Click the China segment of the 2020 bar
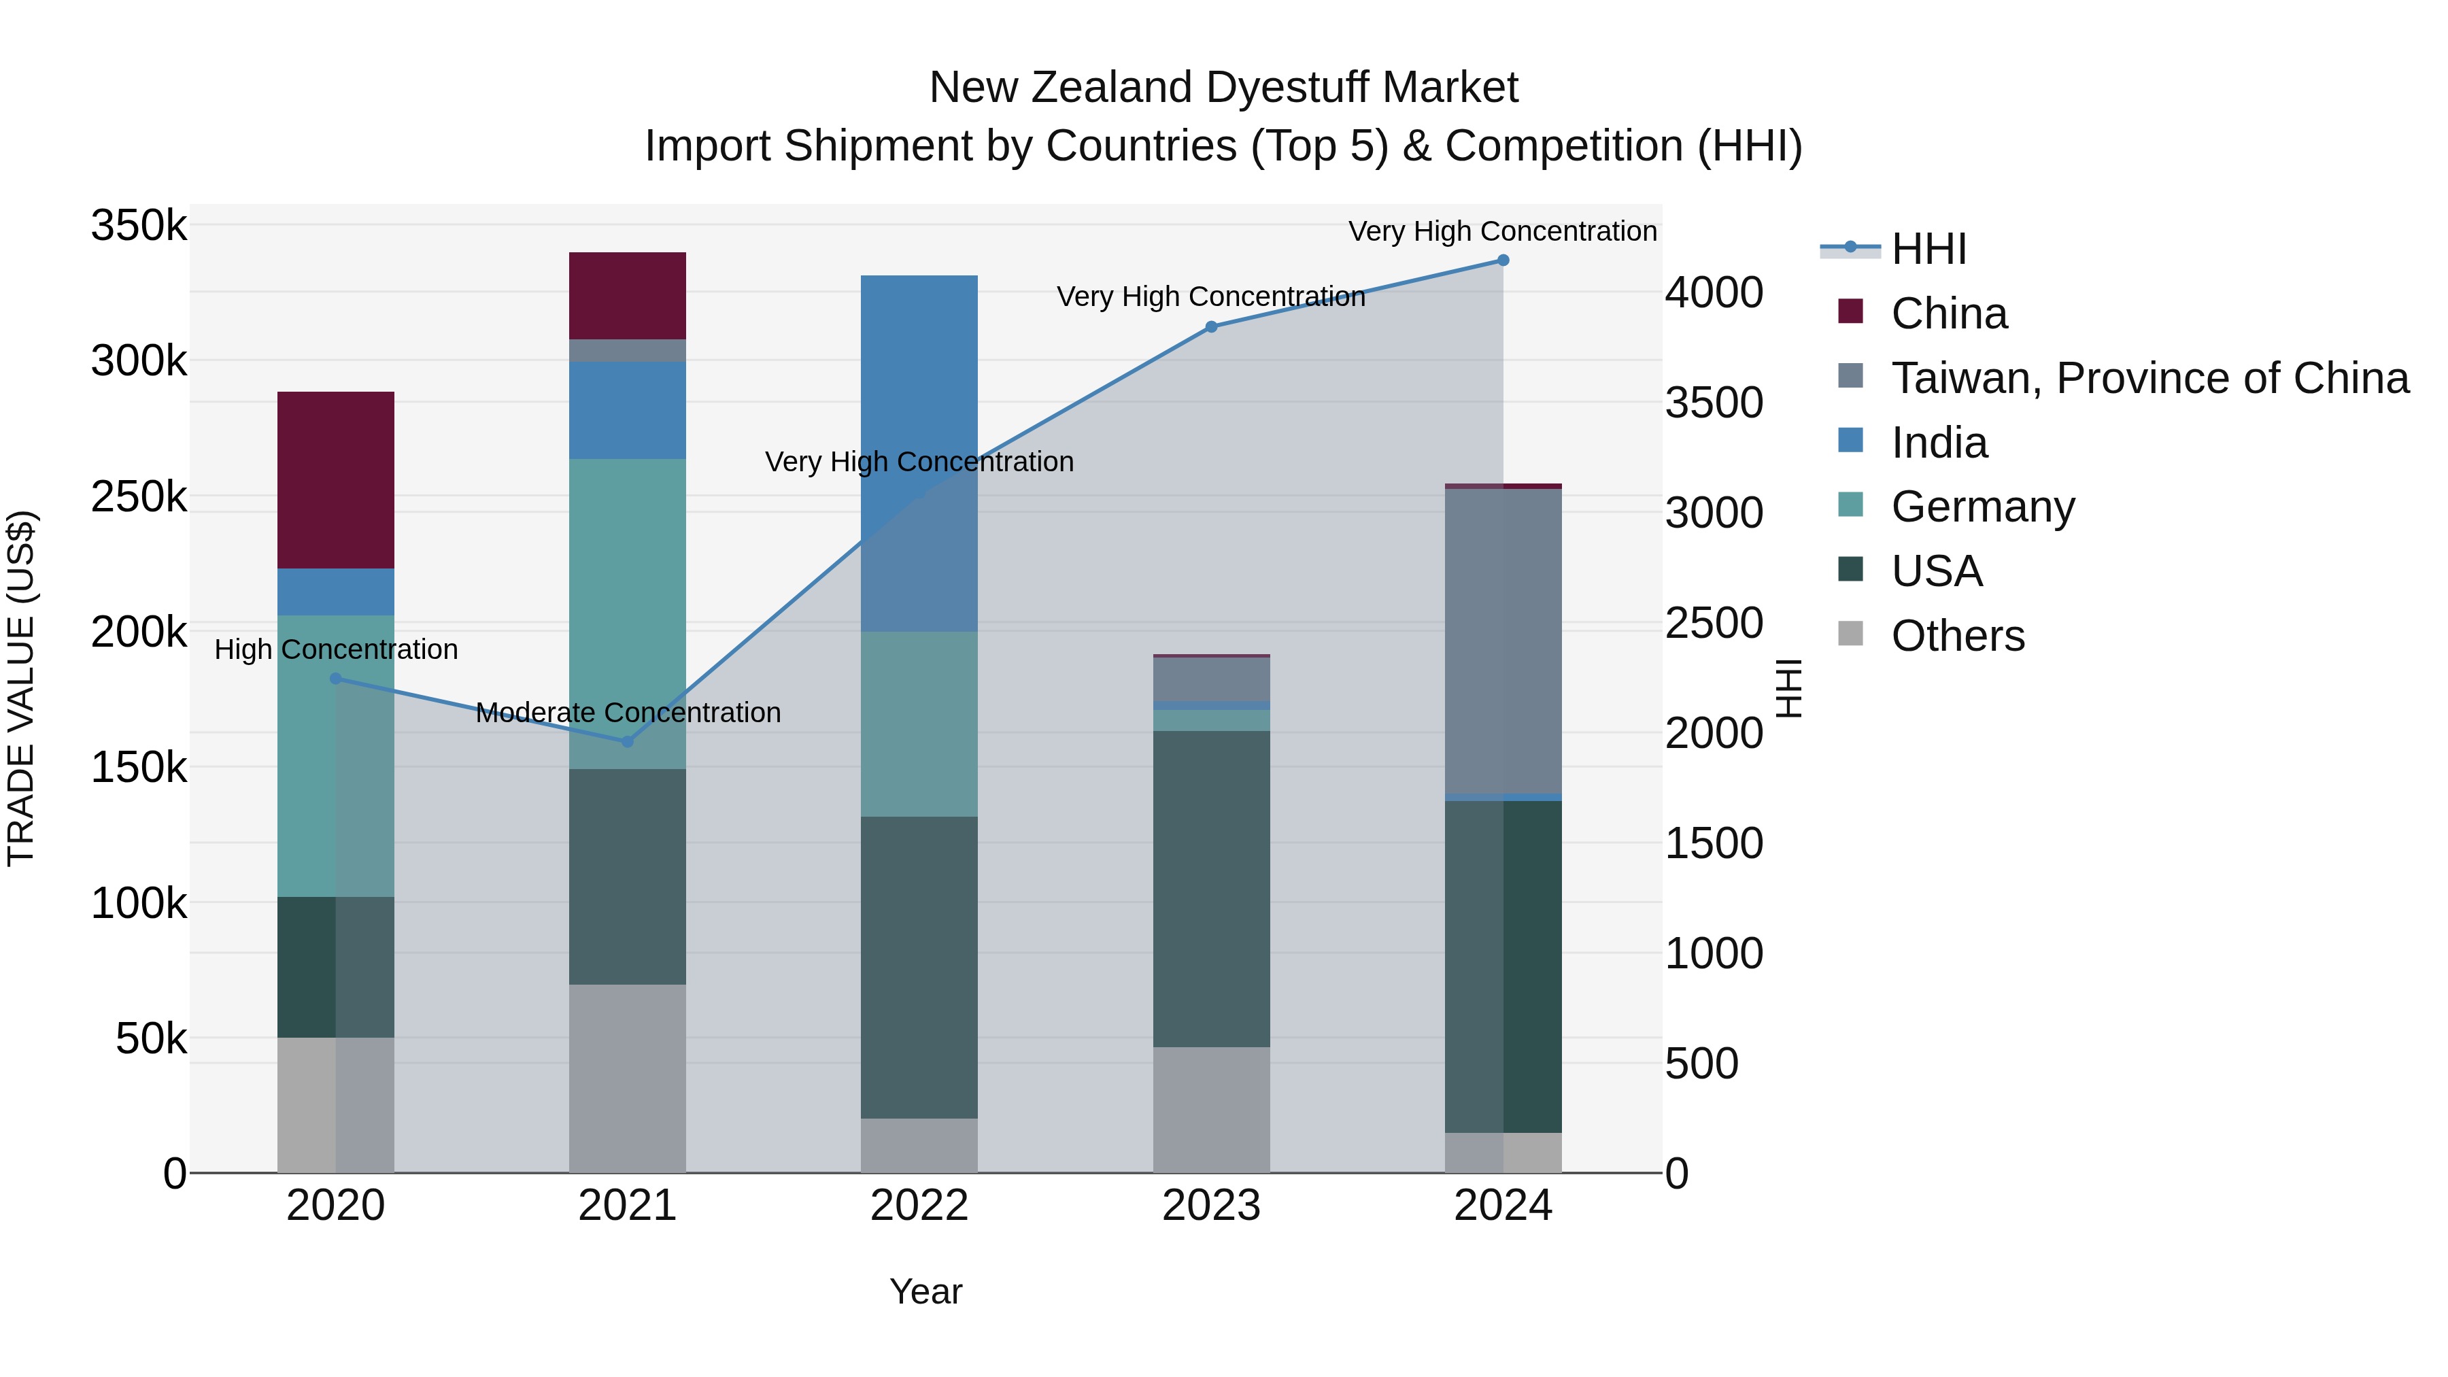335,480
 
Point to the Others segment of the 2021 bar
627,1078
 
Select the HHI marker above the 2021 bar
627,741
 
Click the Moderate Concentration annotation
628,713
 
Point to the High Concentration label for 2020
335,650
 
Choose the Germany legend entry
1982,507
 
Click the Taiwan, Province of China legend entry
2149,378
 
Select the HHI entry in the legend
1928,249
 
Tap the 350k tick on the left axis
139,226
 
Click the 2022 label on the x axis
919,1206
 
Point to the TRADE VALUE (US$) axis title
21,688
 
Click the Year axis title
925,1291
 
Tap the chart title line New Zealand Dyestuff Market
1223,88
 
